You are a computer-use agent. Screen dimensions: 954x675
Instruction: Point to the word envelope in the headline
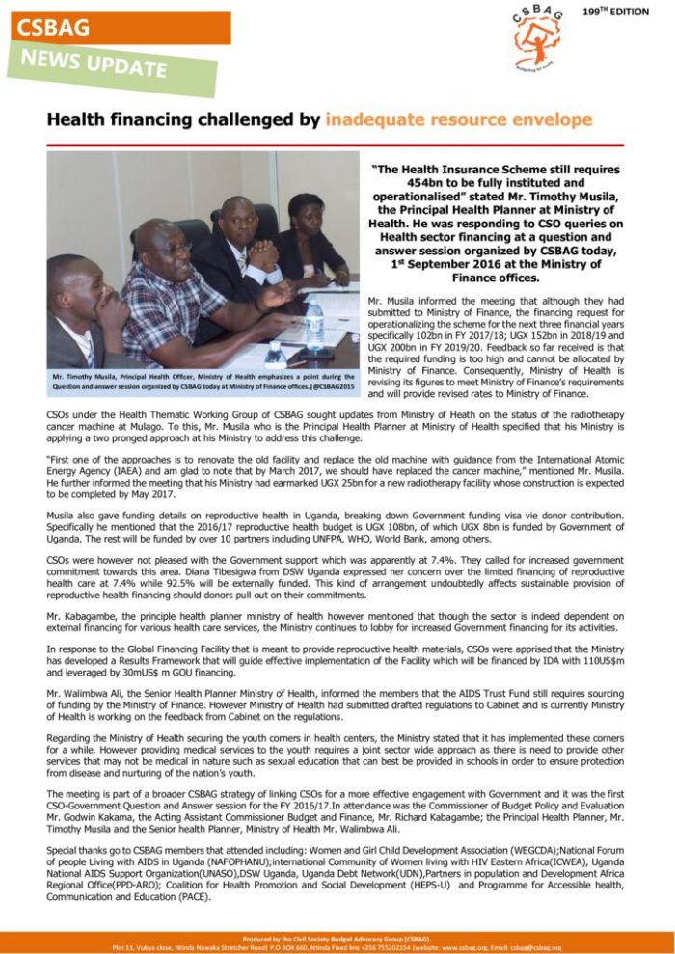[x=549, y=120]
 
